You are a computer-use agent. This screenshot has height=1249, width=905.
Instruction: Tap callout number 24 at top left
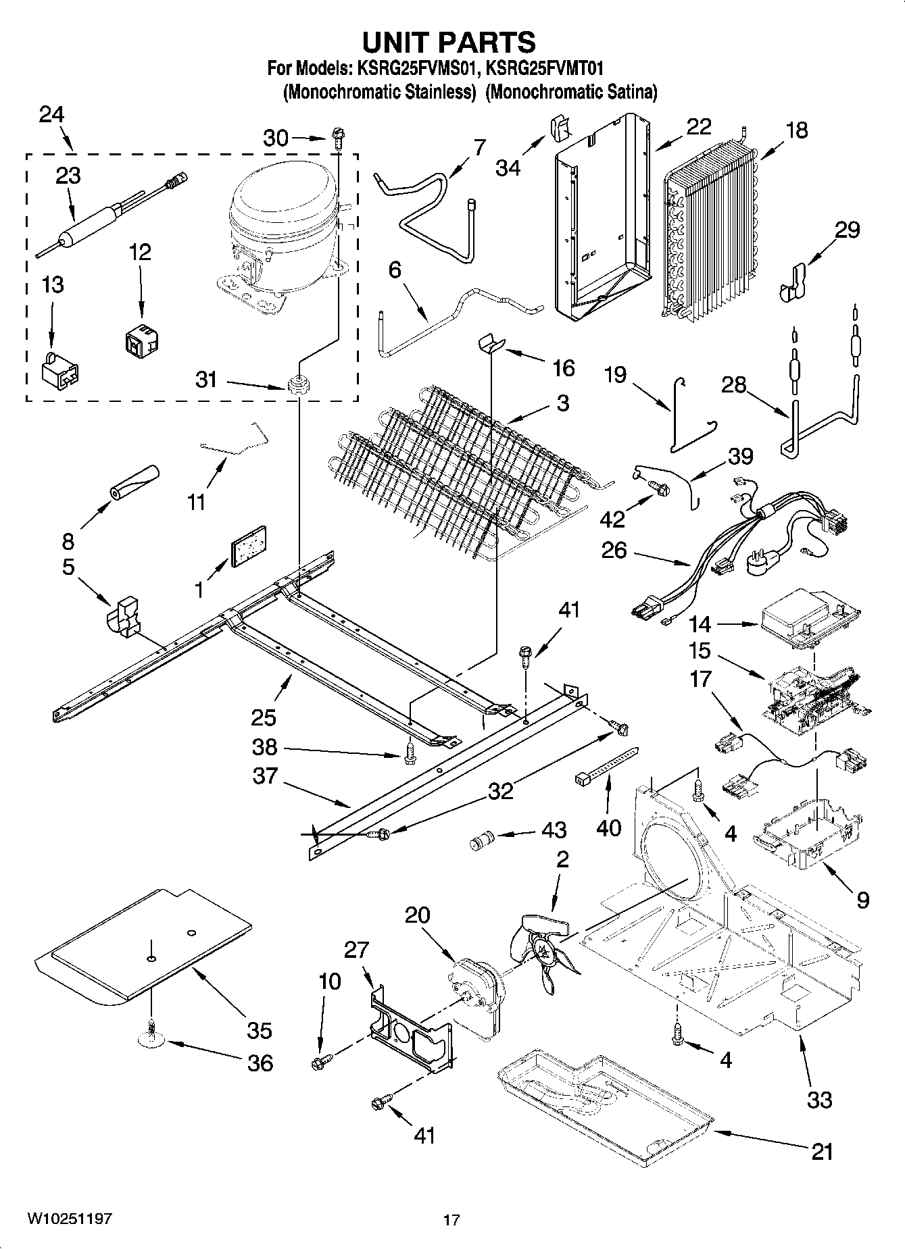click(x=51, y=115)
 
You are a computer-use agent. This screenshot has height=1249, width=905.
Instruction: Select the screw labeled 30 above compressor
click(x=337, y=142)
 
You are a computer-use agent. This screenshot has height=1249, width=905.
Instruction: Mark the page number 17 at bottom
click(x=451, y=1220)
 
